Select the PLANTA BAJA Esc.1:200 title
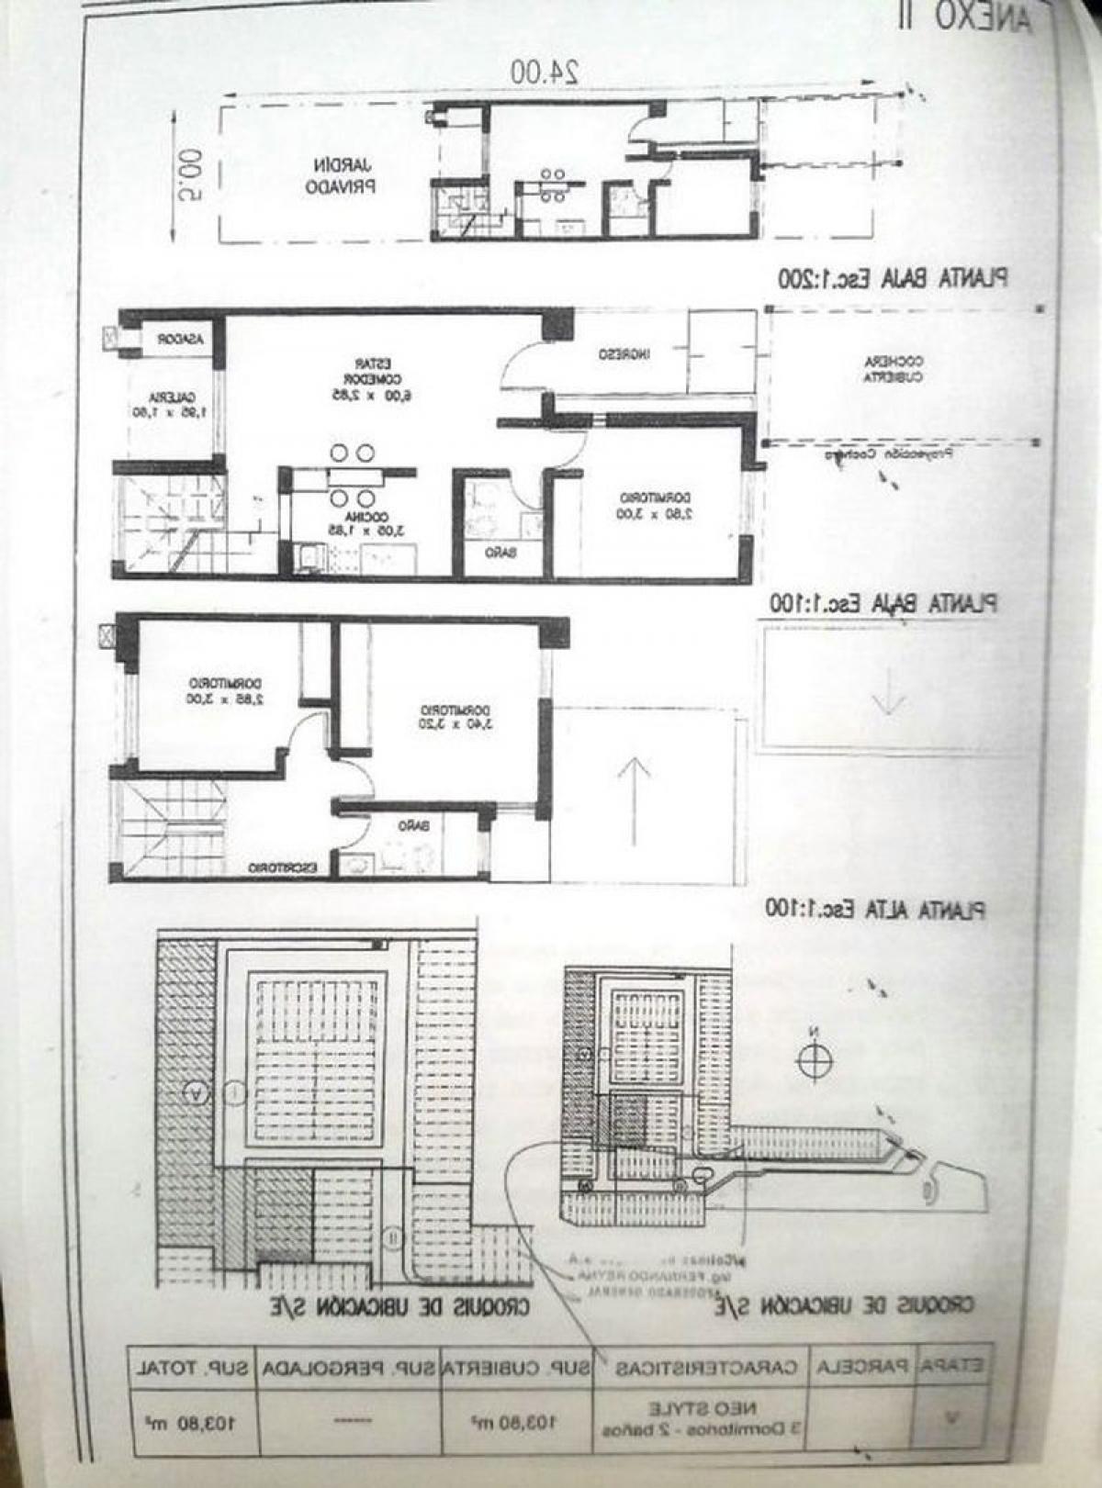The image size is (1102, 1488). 892,277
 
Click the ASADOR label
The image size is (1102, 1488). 178,339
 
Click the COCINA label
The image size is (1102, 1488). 345,522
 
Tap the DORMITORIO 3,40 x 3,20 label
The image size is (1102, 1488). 454,717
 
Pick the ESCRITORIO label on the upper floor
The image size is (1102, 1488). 283,867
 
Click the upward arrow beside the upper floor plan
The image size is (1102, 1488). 634,800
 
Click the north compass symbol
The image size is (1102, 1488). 814,1062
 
